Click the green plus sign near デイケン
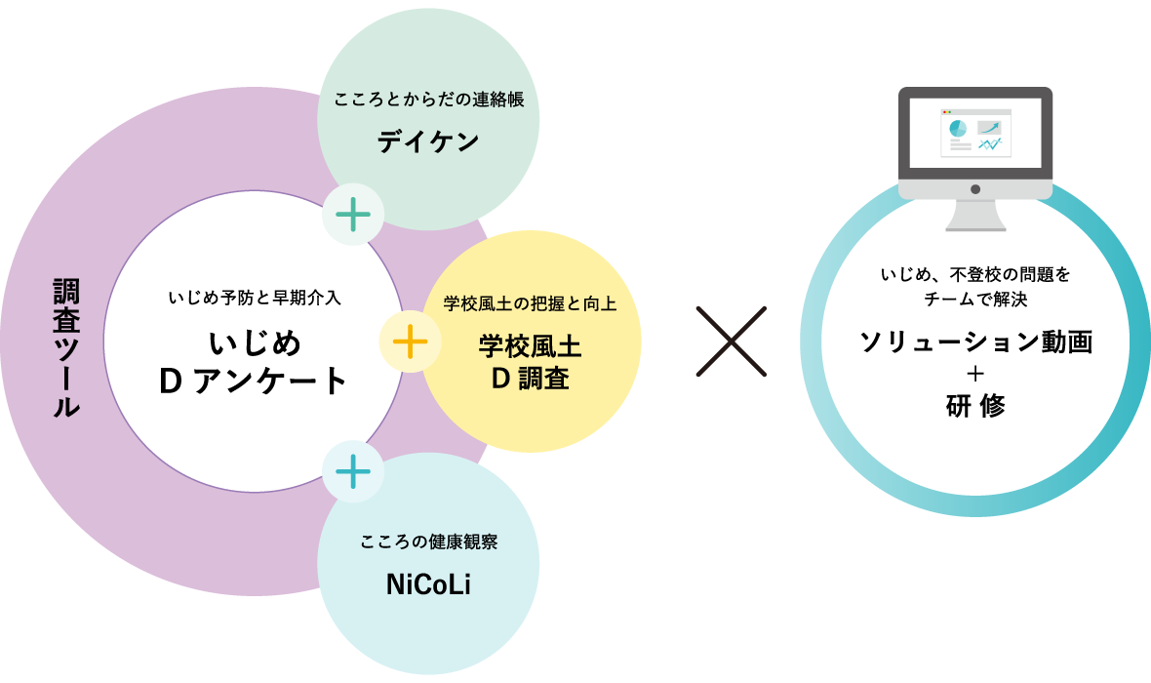[x=353, y=215]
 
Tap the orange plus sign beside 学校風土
[x=411, y=341]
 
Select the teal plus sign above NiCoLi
[x=353, y=471]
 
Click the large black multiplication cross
[x=732, y=341]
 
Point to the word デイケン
[x=428, y=141]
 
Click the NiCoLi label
[x=428, y=584]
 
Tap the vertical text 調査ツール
[x=66, y=347]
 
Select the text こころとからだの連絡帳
[x=428, y=100]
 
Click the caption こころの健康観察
[x=428, y=542]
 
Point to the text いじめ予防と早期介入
[x=255, y=298]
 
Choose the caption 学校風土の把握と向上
[x=530, y=303]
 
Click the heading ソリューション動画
[x=975, y=341]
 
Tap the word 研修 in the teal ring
[x=975, y=405]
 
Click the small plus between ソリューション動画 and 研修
[x=975, y=374]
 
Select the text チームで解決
[x=975, y=299]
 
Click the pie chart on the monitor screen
[x=957, y=129]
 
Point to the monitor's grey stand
[x=975, y=216]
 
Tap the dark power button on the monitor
[x=975, y=189]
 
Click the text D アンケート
[x=254, y=382]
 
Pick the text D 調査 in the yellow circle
[x=530, y=379]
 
